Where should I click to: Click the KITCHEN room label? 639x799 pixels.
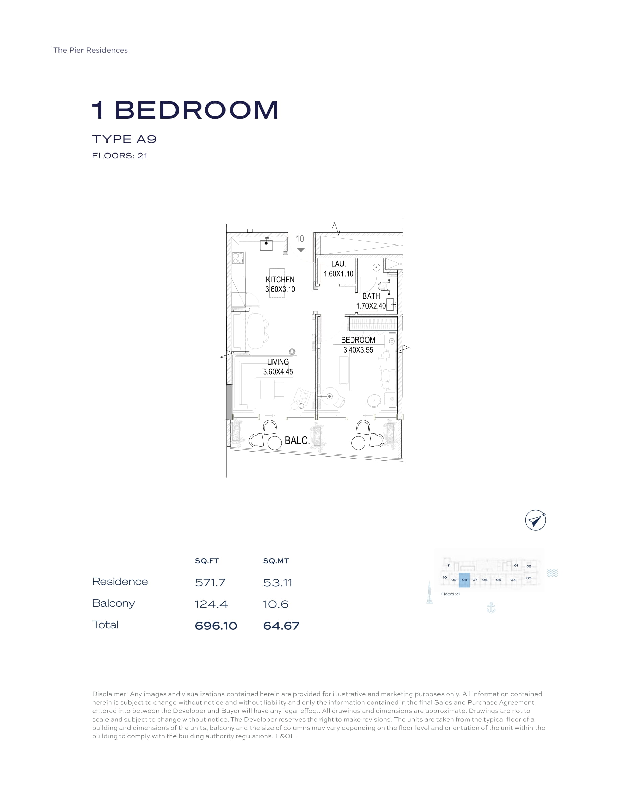tap(280, 279)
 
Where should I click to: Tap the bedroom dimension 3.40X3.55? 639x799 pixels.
tap(358, 350)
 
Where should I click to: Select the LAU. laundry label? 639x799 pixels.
tap(338, 264)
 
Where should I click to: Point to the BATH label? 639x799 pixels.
tap(371, 296)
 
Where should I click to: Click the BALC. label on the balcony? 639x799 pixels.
tap(297, 440)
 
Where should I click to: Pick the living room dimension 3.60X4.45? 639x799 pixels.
tap(278, 372)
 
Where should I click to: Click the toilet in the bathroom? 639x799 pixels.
tap(384, 286)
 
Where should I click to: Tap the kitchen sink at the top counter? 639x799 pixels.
tap(266, 244)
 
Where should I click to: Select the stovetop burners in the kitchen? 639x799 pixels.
tap(238, 258)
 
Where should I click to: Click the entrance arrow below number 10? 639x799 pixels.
tap(301, 250)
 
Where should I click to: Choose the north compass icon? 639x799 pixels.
tap(536, 520)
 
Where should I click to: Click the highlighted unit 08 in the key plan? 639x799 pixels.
tap(465, 580)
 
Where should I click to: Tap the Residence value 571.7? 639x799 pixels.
tap(210, 583)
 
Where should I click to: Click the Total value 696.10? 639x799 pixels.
tap(216, 626)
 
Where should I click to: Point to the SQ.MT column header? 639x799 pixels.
tap(276, 561)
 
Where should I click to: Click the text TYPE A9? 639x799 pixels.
tap(124, 139)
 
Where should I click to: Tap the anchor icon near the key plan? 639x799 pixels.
tap(491, 607)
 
